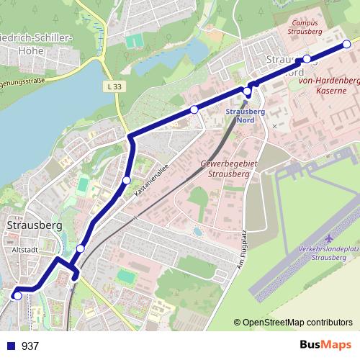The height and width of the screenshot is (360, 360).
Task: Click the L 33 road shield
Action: pyautogui.click(x=111, y=87)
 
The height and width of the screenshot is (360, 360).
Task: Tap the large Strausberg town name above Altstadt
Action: pyautogui.click(x=34, y=225)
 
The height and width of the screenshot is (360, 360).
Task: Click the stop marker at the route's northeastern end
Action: pyautogui.click(x=346, y=44)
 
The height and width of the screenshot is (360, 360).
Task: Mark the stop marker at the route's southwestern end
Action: pyautogui.click(x=17, y=295)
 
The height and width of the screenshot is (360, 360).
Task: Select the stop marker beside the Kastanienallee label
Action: pyautogui.click(x=127, y=180)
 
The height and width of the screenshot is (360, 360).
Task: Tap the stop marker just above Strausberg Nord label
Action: pyautogui.click(x=248, y=91)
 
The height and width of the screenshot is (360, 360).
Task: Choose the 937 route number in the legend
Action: pyautogui.click(x=30, y=346)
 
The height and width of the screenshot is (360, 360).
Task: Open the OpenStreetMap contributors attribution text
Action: pyautogui.click(x=298, y=322)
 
